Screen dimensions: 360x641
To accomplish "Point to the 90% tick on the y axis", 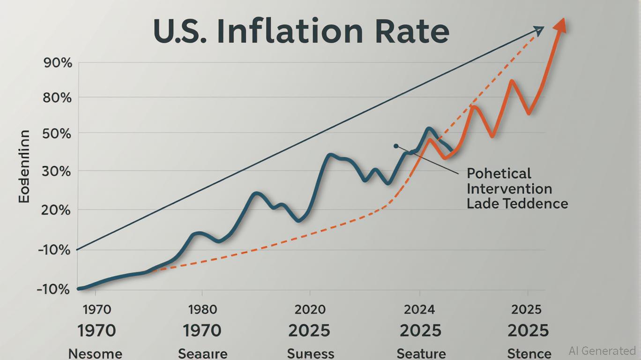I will [x=58, y=63].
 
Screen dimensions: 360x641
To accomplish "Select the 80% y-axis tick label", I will [x=58, y=98].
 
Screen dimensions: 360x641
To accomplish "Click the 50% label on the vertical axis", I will [x=58, y=134].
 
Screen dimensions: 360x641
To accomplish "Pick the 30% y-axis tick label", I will [x=58, y=172].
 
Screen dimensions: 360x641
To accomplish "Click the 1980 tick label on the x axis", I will [x=202, y=310].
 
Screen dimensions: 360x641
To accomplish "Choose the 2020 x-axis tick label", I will [x=310, y=310].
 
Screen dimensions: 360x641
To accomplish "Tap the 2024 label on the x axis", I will [x=419, y=310].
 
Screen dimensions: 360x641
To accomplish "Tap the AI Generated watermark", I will [x=602, y=351].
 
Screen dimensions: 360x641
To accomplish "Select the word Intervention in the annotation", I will [x=509, y=189].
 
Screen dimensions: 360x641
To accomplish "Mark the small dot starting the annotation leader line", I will [x=396, y=146].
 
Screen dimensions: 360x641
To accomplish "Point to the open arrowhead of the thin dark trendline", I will [x=539, y=31].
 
